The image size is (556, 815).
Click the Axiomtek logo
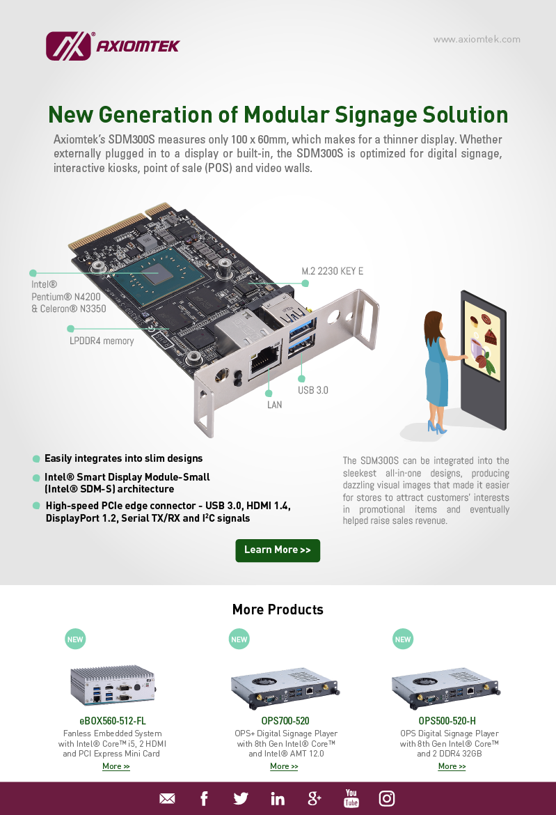pos(113,46)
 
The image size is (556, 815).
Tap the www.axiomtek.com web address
pos(477,40)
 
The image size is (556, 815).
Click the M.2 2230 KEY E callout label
pos(332,272)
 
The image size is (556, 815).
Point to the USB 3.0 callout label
pos(313,390)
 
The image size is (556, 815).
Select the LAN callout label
pos(275,405)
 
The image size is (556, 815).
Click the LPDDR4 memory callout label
pos(102,341)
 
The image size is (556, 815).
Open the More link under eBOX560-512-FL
pos(116,766)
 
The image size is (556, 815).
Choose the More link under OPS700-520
pos(284,766)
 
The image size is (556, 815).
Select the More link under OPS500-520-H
pos(452,766)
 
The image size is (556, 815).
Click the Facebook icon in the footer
pos(204,798)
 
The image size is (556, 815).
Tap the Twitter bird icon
pos(240,798)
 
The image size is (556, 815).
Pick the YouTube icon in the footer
pos(351,798)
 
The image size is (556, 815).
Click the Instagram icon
pos(387,798)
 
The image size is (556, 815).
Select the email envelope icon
pos(167,798)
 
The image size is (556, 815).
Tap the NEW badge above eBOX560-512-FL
pos(75,639)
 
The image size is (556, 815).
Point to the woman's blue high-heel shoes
pos(436,427)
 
